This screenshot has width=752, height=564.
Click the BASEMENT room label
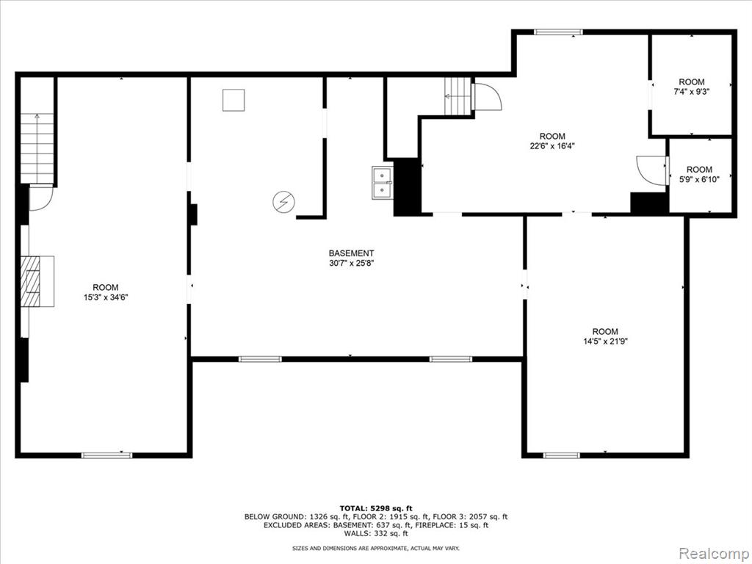(351, 253)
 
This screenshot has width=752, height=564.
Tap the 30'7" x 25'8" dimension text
(351, 263)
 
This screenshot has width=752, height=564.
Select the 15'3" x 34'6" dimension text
(106, 297)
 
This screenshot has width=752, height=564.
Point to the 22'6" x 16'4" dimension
(552, 146)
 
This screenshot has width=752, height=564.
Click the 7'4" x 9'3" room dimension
(692, 92)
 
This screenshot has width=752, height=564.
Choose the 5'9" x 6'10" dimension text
(699, 179)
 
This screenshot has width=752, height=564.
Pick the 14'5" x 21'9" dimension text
(605, 341)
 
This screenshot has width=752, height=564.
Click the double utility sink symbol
(382, 183)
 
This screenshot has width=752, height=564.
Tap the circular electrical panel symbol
(283, 203)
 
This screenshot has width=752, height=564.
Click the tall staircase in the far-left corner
(37, 148)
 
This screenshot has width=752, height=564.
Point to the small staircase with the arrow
(458, 96)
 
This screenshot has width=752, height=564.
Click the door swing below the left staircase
(41, 198)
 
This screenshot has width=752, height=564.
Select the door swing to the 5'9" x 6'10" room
(651, 170)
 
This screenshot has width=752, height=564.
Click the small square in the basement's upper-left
(234, 100)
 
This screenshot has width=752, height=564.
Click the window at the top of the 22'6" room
(558, 32)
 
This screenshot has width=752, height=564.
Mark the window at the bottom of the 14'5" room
(562, 455)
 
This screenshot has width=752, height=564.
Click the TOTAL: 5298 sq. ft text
(376, 508)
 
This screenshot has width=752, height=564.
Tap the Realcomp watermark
(714, 553)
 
